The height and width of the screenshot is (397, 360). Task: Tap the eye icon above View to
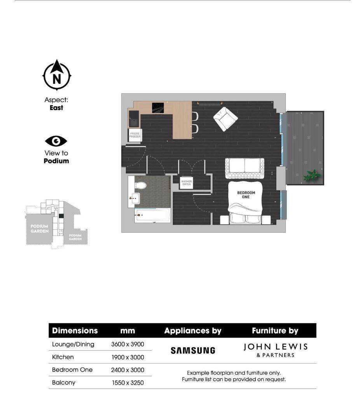(x=56, y=141)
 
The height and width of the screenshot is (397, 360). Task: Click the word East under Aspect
(x=56, y=108)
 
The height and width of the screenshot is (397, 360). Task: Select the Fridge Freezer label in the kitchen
(x=135, y=135)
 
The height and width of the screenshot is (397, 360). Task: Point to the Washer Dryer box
(x=186, y=183)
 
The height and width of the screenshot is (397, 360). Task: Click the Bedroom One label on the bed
(x=246, y=195)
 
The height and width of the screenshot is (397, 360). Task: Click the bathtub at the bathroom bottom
(x=152, y=215)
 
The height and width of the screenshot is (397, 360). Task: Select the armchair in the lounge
(x=225, y=119)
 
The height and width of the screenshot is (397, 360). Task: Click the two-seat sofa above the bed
(x=245, y=167)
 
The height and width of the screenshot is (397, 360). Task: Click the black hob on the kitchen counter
(x=158, y=107)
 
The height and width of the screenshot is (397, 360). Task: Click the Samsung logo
(x=193, y=351)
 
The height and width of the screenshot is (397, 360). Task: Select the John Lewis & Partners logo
(x=275, y=350)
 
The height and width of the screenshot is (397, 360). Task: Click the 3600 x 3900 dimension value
(x=128, y=344)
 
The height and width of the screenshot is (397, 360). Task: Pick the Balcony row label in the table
(x=64, y=383)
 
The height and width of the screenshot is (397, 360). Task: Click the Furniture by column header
(x=275, y=331)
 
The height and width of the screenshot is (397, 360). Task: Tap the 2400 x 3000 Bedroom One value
(x=128, y=370)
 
